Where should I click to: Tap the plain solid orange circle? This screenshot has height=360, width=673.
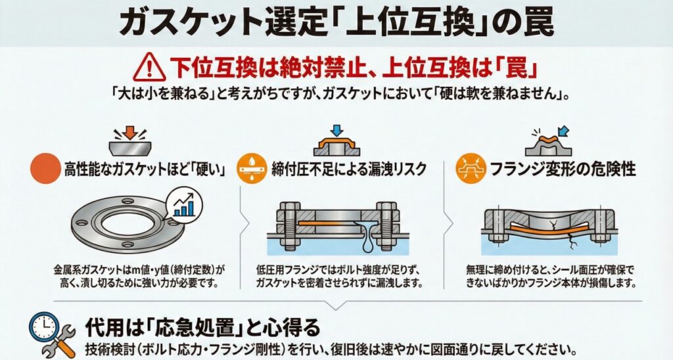tap(45, 169)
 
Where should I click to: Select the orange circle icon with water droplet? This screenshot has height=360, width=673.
tap(252, 169)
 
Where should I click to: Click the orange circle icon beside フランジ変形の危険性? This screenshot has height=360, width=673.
tap(471, 169)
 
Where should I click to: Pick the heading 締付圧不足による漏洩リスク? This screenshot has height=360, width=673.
tap(349, 169)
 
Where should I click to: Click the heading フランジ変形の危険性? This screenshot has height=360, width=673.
tap(563, 169)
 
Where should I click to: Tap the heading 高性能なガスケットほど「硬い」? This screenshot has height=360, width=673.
tap(145, 169)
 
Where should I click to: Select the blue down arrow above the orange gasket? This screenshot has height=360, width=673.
tap(337, 131)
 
